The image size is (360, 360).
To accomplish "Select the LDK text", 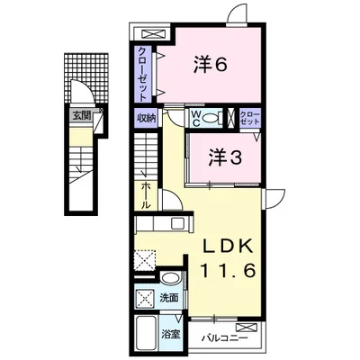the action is pos(228,247).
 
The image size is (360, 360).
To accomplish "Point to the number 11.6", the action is pos(228,270).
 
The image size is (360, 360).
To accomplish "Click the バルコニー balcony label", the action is pos(225,338).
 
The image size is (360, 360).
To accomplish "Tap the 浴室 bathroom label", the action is pos(171,334).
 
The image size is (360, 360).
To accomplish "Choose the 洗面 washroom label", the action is pos(169,298).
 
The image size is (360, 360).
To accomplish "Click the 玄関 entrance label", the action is pos(82,115).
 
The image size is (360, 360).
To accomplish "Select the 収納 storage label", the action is pos(147,118).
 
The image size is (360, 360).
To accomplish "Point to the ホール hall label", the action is pos(146,195).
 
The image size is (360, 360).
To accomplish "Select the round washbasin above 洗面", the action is pos(171,277).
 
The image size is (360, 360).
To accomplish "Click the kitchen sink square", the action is pos(177,223).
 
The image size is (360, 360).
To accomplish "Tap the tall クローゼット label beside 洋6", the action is pos(142,74).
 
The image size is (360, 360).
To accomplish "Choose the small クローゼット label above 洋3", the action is pos(249,119).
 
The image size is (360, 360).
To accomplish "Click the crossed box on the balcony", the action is pos(247,327).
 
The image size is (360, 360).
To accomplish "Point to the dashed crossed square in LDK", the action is pos(145,259).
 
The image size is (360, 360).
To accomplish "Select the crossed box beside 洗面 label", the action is pos(145,298).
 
